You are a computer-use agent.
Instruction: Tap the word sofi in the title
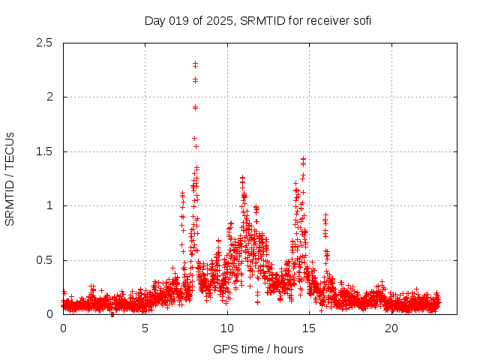[x=361, y=20]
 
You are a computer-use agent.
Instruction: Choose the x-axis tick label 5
[x=145, y=328]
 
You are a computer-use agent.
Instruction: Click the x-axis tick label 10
[x=227, y=328]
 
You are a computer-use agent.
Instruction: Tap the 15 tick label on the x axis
[x=310, y=328]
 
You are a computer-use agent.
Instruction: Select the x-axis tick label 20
[x=391, y=328]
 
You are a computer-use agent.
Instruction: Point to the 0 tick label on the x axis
[x=63, y=328]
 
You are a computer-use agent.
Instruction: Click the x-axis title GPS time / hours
[x=258, y=349]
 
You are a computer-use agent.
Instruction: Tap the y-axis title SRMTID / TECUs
[x=10, y=178]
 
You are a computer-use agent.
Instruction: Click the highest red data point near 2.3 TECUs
[x=195, y=64]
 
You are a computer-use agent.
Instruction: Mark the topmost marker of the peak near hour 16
[x=325, y=215]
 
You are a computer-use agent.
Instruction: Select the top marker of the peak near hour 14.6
[x=303, y=158]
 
